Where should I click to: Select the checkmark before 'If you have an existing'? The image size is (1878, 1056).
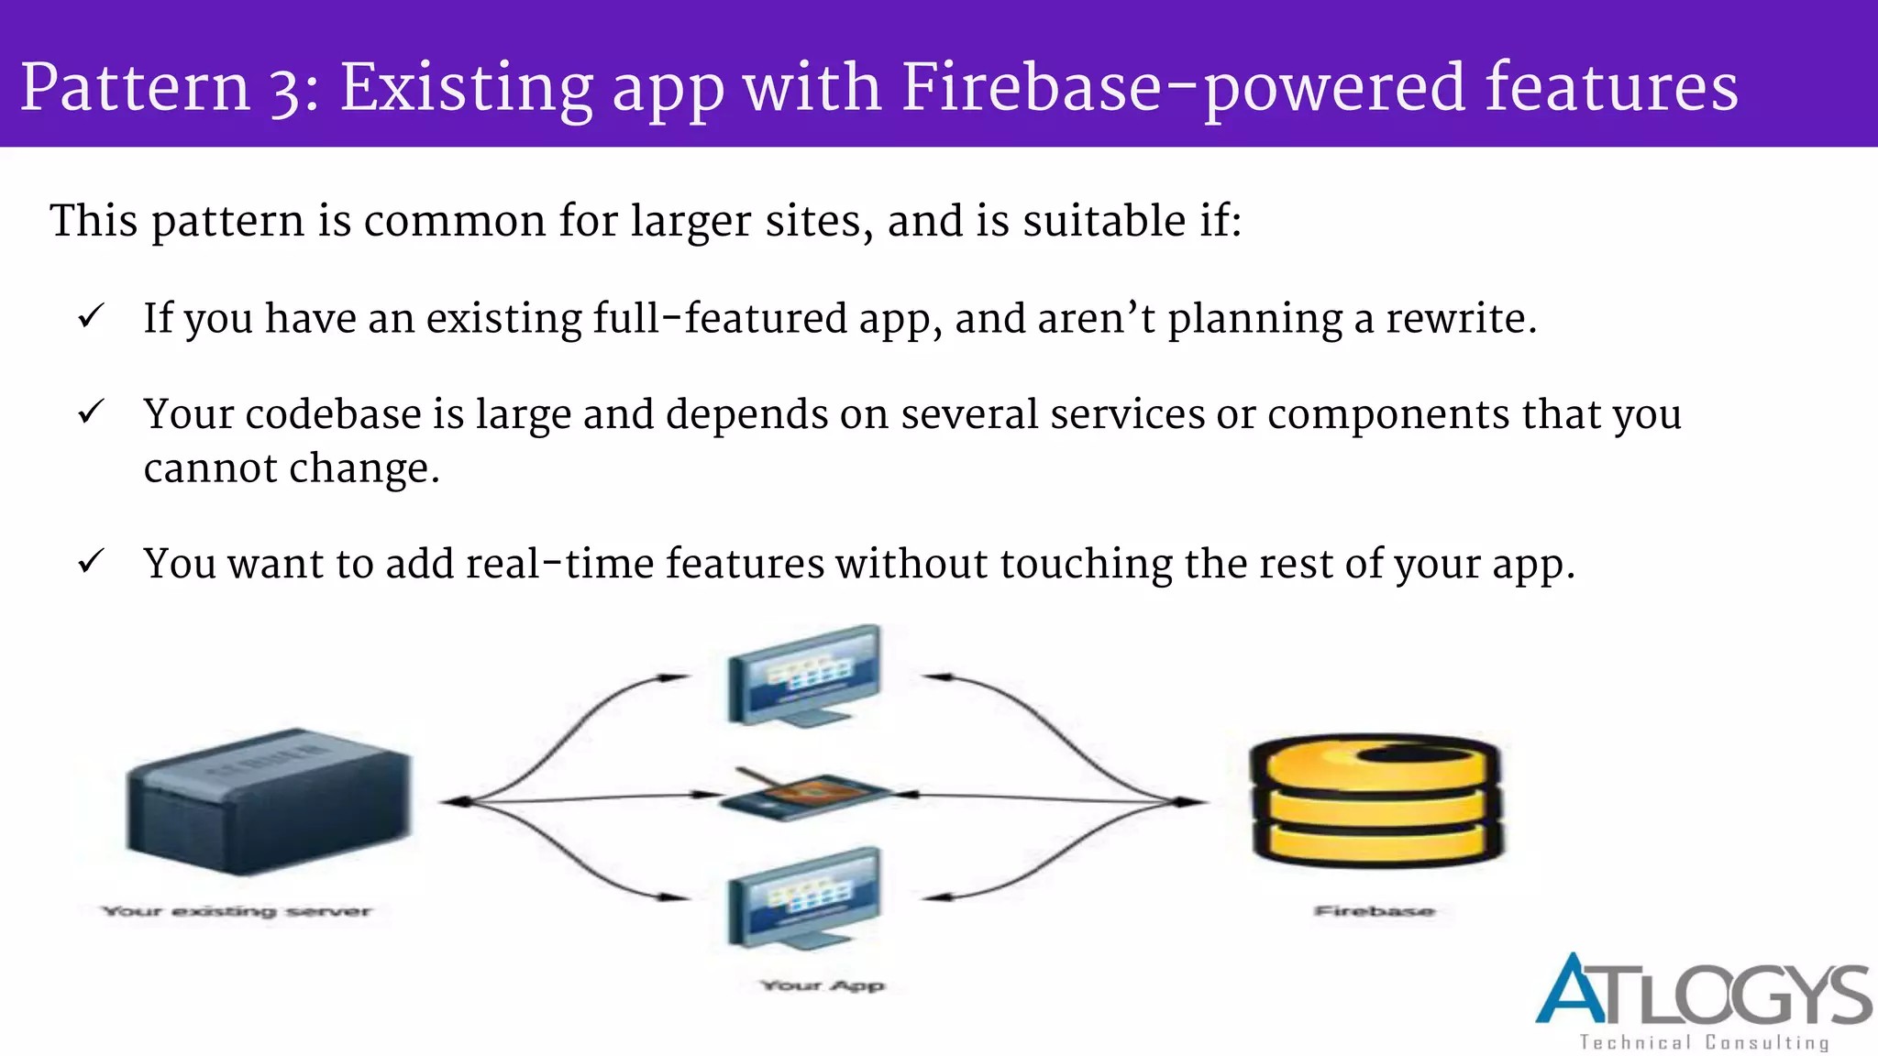coord(91,317)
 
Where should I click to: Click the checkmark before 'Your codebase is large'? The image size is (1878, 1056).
coord(91,412)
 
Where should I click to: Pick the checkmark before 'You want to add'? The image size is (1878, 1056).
coord(91,561)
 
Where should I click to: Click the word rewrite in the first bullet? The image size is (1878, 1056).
coord(1460,319)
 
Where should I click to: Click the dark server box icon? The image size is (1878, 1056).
coord(268,801)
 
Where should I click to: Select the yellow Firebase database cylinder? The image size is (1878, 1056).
coord(1375,799)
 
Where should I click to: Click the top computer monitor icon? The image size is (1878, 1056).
coord(804,676)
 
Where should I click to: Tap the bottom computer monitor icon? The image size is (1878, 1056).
coord(804,898)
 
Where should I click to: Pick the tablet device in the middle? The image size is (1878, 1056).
coord(803,794)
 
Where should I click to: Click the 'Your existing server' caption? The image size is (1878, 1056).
coord(237,911)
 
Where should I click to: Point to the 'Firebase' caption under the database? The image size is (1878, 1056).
coord(1374,911)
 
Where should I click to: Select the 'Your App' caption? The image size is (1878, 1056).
coord(823,985)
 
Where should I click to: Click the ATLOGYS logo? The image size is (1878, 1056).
coord(1703,992)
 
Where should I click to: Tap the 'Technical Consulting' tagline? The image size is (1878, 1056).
coord(1704,1042)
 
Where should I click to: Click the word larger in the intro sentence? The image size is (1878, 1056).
coord(690,222)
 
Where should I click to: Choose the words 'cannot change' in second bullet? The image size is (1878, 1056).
coord(292,469)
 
